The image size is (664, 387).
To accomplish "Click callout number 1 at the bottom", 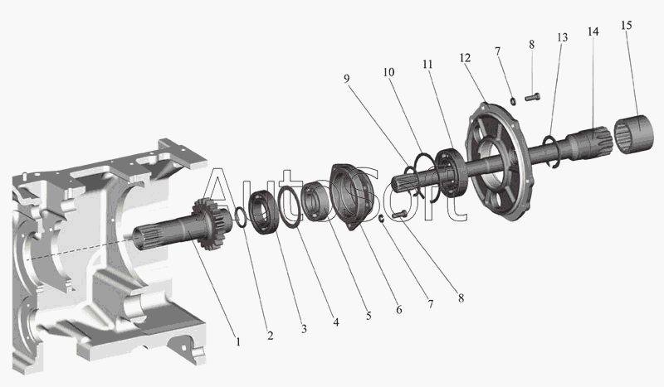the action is (238, 341).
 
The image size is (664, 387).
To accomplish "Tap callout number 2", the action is (271, 336).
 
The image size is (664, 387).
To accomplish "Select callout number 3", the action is (304, 329).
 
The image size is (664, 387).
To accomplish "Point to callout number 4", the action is (336, 322).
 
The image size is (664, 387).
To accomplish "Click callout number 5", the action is (369, 316).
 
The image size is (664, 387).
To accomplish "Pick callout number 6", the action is (399, 310).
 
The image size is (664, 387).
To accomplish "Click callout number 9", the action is (347, 79).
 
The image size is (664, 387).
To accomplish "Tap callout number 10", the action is (388, 72).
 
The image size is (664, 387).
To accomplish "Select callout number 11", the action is (427, 65).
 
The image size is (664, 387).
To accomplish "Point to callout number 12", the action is (465, 57).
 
